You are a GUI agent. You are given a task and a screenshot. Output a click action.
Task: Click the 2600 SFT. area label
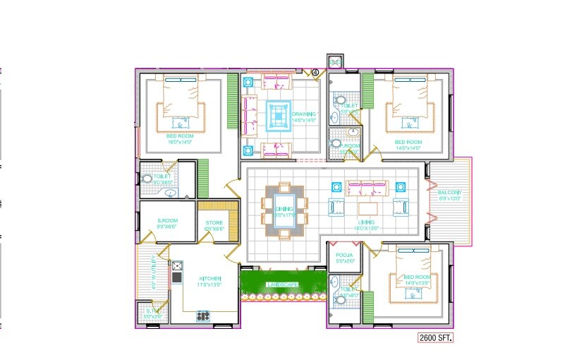(x=434, y=338)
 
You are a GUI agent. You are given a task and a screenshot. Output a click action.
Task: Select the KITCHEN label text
(x=210, y=278)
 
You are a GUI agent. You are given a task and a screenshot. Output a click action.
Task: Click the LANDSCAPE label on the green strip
(x=281, y=284)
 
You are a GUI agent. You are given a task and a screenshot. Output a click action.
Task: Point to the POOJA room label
(x=344, y=255)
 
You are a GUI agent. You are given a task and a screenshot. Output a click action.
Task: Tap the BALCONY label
(x=449, y=193)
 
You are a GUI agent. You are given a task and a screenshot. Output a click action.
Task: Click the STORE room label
(x=214, y=222)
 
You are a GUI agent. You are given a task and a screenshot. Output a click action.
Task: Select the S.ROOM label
(x=167, y=221)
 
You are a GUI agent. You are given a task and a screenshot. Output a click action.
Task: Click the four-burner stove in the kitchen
(x=204, y=316)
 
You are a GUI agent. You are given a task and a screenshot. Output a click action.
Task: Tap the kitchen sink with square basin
(x=177, y=267)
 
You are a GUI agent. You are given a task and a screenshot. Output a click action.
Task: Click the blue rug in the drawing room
(x=278, y=115)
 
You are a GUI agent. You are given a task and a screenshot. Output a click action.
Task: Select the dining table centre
(x=284, y=210)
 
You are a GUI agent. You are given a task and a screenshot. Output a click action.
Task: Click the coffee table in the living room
(x=369, y=209)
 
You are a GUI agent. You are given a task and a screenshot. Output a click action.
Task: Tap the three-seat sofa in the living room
(x=365, y=187)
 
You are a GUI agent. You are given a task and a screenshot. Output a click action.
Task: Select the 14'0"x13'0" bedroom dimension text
(x=415, y=283)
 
